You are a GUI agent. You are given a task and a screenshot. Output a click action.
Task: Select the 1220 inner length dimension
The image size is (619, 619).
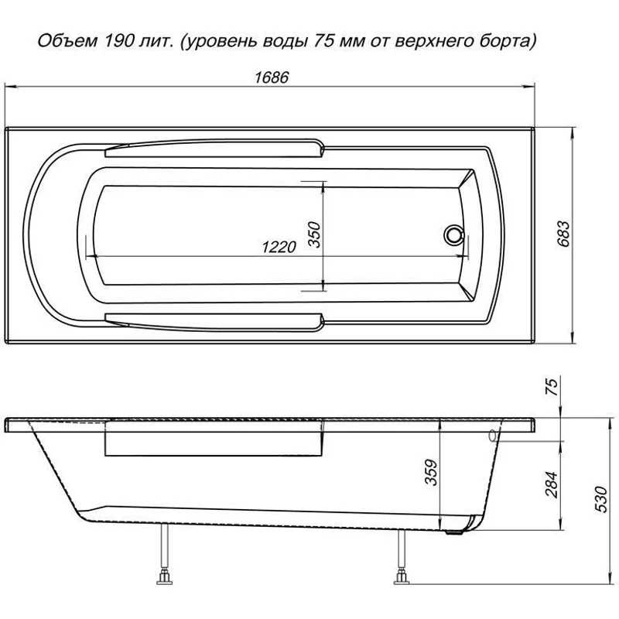point(279,247)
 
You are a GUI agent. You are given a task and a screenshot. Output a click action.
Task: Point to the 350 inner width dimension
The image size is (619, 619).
point(313,232)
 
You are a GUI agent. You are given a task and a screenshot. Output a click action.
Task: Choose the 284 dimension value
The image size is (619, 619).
point(552,486)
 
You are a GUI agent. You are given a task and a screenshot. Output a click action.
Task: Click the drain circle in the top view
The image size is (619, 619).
point(452,234)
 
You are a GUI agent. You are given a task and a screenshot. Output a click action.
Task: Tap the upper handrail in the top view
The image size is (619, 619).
point(214,145)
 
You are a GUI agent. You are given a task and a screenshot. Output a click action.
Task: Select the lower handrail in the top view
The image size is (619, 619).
point(214,318)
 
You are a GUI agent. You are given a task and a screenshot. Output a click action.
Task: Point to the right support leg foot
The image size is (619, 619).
point(402,577)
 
